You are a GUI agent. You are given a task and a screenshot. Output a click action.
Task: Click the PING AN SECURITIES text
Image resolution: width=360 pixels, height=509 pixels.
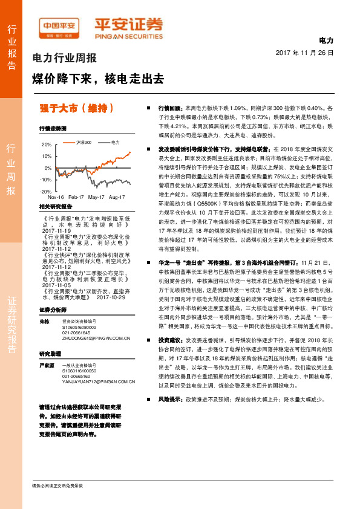(x=128, y=35)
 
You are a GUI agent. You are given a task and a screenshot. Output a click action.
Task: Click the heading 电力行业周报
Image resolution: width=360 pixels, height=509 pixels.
(x=64, y=59)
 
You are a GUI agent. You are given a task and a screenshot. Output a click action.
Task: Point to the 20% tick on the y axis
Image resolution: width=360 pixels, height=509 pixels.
(x=47, y=145)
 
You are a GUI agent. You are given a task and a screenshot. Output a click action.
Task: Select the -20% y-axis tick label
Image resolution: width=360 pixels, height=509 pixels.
(x=45, y=191)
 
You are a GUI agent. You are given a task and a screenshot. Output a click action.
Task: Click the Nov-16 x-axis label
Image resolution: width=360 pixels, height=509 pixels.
(x=56, y=198)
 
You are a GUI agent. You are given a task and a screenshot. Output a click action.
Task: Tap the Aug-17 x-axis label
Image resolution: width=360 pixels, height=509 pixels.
(x=116, y=198)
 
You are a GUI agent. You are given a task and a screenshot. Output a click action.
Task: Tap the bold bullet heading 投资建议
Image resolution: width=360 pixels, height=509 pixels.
(x=171, y=357)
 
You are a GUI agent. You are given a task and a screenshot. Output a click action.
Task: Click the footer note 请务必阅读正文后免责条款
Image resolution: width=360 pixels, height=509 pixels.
(x=57, y=485)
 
